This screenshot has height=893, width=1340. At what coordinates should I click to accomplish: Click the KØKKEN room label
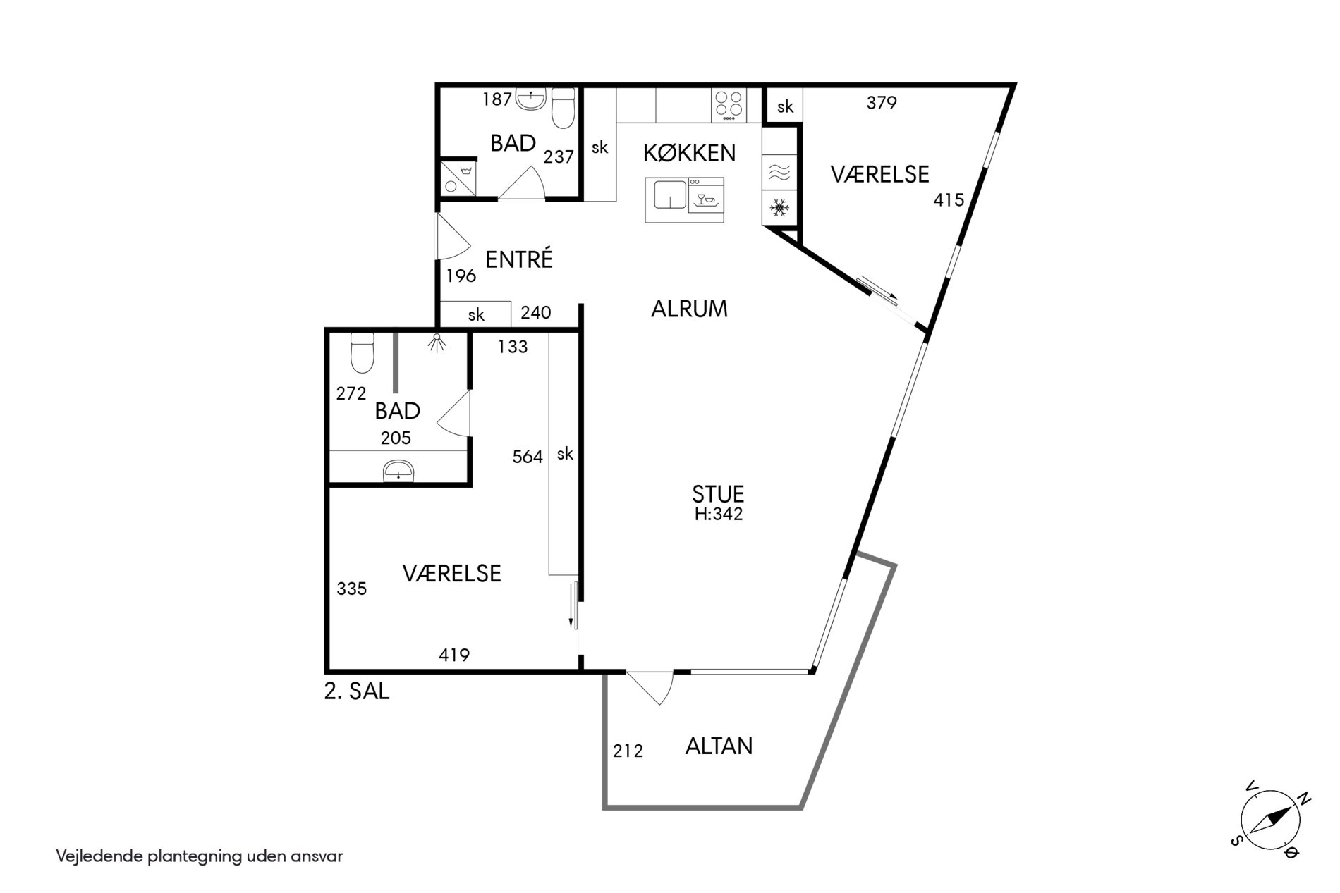[689, 152]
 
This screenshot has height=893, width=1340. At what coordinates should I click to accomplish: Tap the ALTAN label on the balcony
[719, 746]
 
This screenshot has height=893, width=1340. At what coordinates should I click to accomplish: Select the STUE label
[718, 493]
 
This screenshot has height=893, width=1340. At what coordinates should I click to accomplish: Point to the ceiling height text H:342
[719, 514]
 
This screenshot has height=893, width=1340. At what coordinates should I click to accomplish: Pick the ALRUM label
[689, 309]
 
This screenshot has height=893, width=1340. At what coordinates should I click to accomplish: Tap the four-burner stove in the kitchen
[729, 104]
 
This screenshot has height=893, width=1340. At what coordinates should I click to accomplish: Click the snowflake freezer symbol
[779, 208]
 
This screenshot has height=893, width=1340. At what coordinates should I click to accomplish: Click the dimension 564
[528, 457]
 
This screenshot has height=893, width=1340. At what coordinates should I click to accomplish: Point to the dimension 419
[454, 655]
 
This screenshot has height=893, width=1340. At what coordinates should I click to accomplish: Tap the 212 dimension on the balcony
[628, 751]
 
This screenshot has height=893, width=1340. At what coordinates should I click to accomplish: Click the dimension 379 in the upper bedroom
[882, 103]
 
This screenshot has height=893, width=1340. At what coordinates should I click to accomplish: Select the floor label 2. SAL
[357, 691]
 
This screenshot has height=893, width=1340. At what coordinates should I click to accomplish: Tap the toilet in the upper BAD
[563, 108]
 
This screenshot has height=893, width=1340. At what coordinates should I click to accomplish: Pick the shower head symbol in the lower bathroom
[438, 343]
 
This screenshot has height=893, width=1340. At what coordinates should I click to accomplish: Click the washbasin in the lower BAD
[398, 470]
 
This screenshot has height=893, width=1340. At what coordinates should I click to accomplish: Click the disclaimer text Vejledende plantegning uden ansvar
[200, 856]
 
